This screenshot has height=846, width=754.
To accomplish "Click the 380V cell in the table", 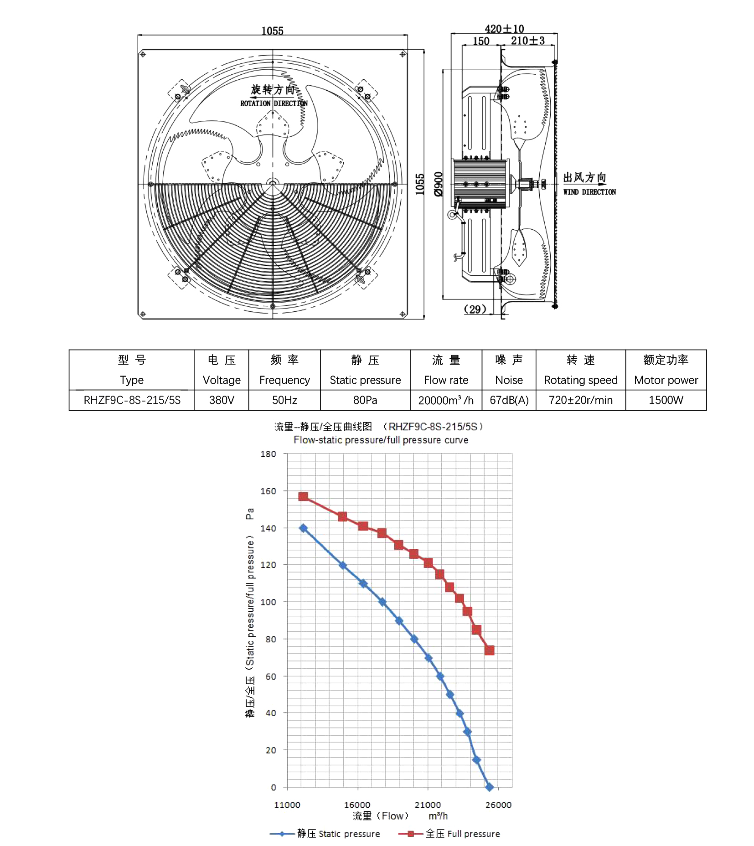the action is tap(222, 400).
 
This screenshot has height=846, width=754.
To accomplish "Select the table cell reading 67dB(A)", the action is tap(509, 400).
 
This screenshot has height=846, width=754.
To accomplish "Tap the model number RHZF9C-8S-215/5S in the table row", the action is tap(132, 400).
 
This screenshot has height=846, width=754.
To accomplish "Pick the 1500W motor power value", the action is tap(666, 400).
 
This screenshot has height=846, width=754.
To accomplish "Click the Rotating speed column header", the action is tap(581, 380).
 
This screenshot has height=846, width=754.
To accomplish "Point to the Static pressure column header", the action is tap(365, 380).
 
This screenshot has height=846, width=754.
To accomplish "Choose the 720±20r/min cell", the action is tap(581, 400).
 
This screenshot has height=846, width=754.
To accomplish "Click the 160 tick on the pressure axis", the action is tap(268, 491).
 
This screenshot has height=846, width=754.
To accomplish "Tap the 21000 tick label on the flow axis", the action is tap(428, 805).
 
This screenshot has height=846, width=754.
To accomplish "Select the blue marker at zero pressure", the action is tap(489, 787).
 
